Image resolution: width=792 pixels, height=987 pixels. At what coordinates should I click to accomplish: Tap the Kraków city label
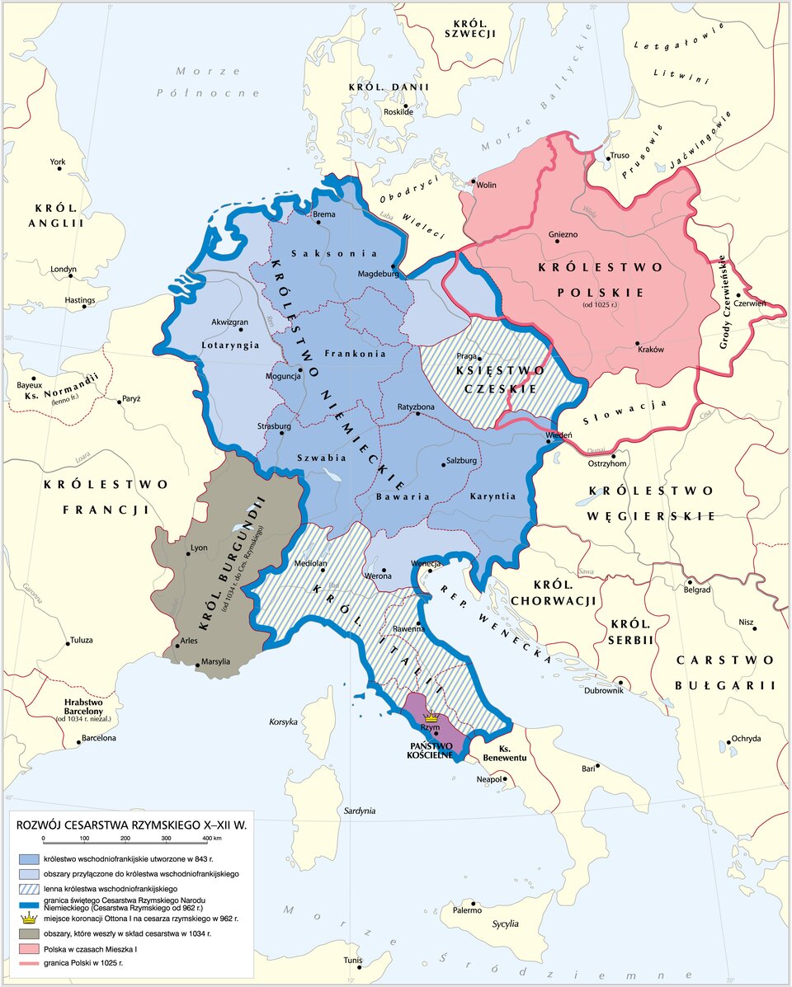(x=651, y=350)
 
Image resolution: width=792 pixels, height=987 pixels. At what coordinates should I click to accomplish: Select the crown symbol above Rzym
(x=430, y=718)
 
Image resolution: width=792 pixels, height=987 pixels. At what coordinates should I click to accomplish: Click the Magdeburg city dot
(x=394, y=266)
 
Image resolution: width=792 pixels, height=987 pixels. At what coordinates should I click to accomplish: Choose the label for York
(x=57, y=162)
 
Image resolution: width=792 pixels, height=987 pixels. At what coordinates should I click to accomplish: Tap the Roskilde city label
(x=398, y=111)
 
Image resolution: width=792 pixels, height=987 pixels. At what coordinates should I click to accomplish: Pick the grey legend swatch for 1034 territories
(x=29, y=934)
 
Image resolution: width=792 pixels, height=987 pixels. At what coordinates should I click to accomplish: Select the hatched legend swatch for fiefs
(x=29, y=888)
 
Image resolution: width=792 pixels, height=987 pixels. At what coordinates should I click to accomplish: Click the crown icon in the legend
(x=29, y=917)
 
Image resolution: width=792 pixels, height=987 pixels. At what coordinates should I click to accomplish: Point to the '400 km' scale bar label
(x=210, y=839)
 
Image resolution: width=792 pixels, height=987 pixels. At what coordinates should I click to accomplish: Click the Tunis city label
(x=352, y=960)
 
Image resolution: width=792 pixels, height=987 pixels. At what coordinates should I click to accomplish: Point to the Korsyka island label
(x=283, y=721)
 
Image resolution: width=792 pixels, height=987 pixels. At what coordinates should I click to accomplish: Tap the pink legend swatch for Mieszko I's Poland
(x=29, y=950)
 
